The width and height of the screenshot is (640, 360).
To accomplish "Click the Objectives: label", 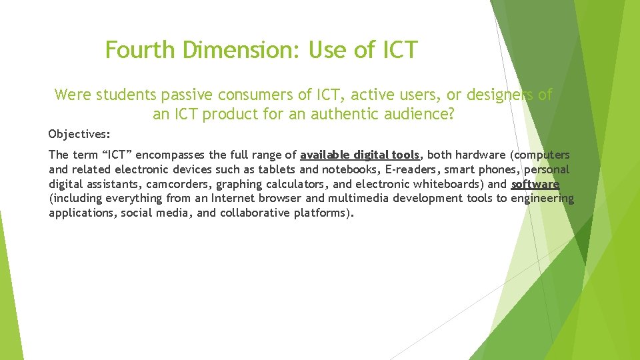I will tap(79, 134).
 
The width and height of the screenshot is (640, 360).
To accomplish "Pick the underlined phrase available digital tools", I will tap(360, 155).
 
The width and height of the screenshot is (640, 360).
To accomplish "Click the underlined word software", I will tap(535, 184).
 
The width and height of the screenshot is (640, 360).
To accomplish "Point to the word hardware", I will tap(479, 155).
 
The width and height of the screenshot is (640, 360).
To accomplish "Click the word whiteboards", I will tap(447, 184).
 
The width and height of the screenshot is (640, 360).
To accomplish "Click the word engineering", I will tap(542, 198).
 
